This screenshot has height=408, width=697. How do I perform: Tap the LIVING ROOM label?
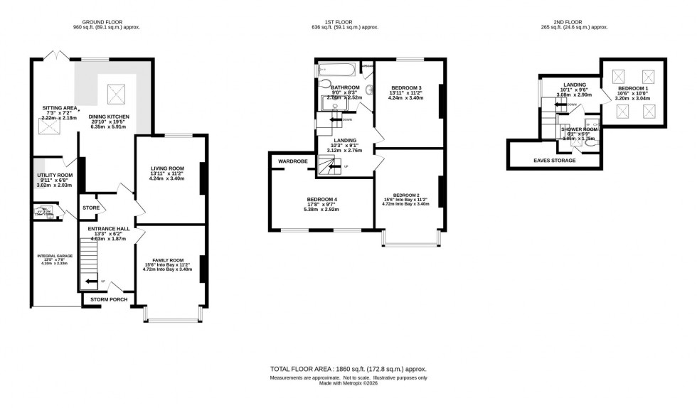(167, 168)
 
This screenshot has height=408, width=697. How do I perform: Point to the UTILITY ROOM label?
(55, 175)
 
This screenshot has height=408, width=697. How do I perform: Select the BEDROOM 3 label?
(406, 88)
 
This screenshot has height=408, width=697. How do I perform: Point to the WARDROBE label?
(292, 161)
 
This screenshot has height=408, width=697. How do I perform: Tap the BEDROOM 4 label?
(321, 199)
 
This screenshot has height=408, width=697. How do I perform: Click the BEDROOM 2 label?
(406, 195)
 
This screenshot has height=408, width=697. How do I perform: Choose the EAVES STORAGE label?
(554, 161)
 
